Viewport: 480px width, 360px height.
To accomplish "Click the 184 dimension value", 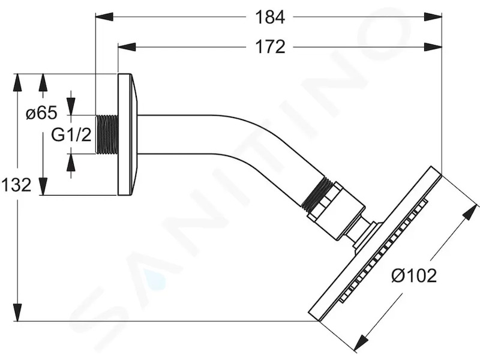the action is [270, 17].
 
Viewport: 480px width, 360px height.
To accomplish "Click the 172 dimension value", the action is [270, 47].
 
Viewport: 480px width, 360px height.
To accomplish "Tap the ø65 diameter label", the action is [41, 113].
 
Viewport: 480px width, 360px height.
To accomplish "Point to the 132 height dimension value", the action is [16, 185].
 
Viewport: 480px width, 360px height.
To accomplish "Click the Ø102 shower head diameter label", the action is [414, 275].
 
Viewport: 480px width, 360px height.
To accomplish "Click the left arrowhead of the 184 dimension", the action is [104, 17].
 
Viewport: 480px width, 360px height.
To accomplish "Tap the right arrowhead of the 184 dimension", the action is [433, 17].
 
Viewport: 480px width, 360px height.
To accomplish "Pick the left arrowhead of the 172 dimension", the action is [127, 47].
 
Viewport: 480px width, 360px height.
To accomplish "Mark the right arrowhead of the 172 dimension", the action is [433, 47].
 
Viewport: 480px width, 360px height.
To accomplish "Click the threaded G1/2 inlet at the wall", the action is [107, 134].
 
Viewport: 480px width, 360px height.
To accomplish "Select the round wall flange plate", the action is [128, 134].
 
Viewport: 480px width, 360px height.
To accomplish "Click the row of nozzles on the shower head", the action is [383, 250].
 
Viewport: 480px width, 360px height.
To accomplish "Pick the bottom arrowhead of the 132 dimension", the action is [17, 312].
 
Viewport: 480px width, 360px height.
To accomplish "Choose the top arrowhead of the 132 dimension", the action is [17, 82].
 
